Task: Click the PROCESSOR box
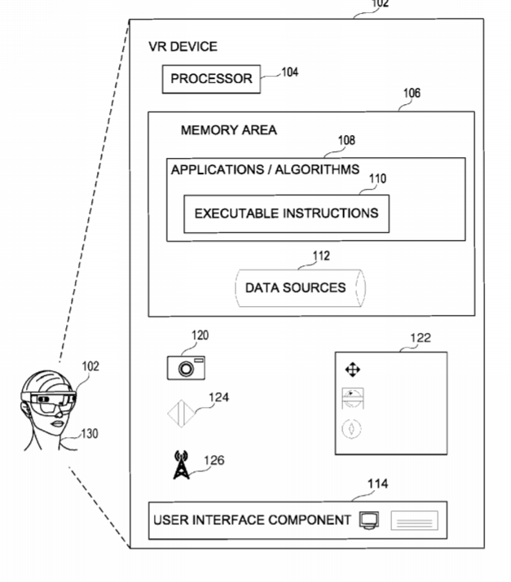pyautogui.click(x=212, y=80)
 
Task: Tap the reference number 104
pyautogui.click(x=289, y=72)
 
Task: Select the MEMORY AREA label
pyautogui.click(x=229, y=130)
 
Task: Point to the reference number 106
pyautogui.click(x=412, y=94)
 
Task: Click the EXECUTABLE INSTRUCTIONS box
pyautogui.click(x=286, y=214)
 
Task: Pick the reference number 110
pyautogui.click(x=377, y=178)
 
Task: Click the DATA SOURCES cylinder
pyautogui.click(x=296, y=287)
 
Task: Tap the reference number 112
pyautogui.click(x=321, y=256)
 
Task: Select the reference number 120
pyautogui.click(x=200, y=335)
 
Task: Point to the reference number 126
pyautogui.click(x=214, y=460)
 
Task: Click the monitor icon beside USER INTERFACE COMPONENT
pyautogui.click(x=368, y=520)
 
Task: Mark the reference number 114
pyautogui.click(x=378, y=484)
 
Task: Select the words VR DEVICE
pyautogui.click(x=183, y=46)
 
